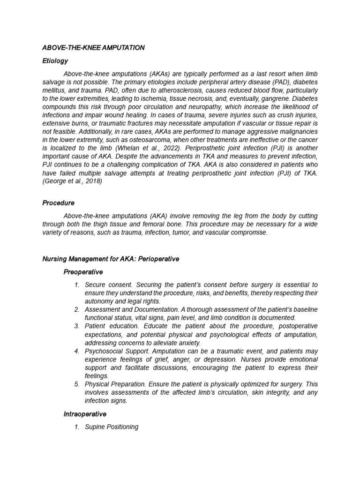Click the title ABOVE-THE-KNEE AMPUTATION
click(93, 48)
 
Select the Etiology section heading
click(55, 61)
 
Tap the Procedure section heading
click(59, 203)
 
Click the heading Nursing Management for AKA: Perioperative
click(111, 259)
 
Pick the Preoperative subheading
click(83, 272)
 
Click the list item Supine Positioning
click(112, 427)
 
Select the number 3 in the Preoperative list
click(76, 326)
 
